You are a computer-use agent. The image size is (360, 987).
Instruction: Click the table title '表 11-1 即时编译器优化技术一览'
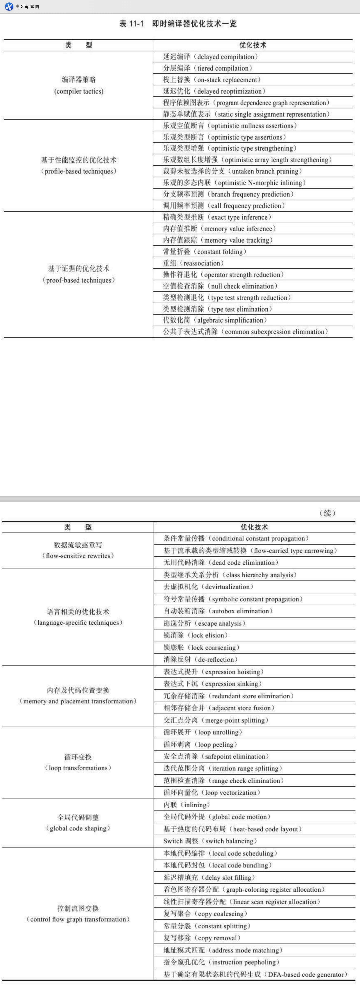[x=178, y=24]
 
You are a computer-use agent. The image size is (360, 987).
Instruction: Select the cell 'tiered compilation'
[x=207, y=68]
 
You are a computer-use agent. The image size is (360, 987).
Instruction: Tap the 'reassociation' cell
[x=193, y=263]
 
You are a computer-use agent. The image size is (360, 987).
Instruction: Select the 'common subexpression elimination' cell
[x=245, y=332]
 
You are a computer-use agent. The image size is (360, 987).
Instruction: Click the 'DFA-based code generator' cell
[x=255, y=974]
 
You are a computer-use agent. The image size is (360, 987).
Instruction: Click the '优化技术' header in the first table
[x=253, y=45]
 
